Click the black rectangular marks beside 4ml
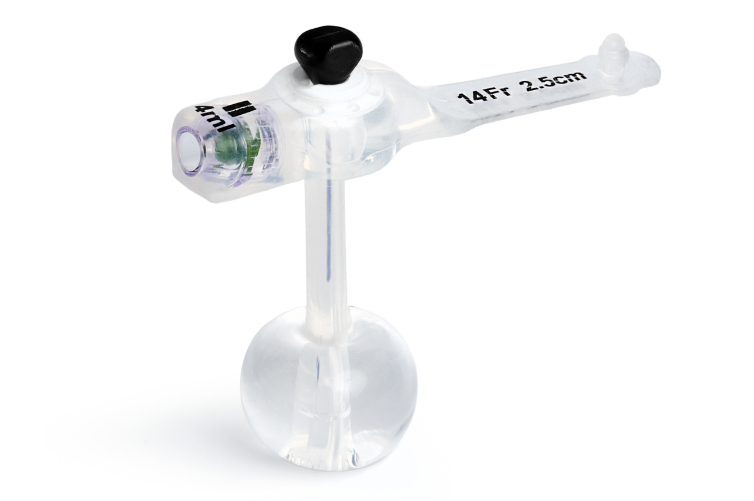click(242, 109)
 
